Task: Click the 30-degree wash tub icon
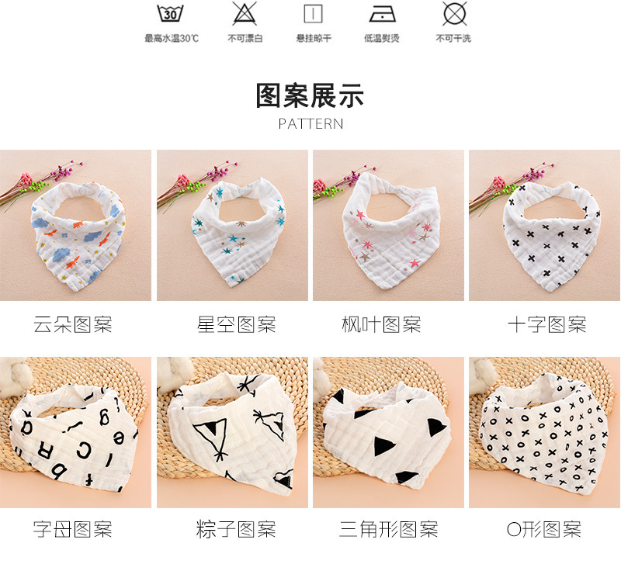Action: pos(171,14)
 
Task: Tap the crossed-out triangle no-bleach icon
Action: pos(245,14)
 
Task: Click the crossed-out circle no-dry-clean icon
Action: pos(453,14)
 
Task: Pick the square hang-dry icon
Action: pos(312,14)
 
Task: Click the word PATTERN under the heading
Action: pos(310,124)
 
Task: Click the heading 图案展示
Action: pos(310,96)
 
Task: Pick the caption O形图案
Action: pos(543,531)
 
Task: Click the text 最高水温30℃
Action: pos(171,38)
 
